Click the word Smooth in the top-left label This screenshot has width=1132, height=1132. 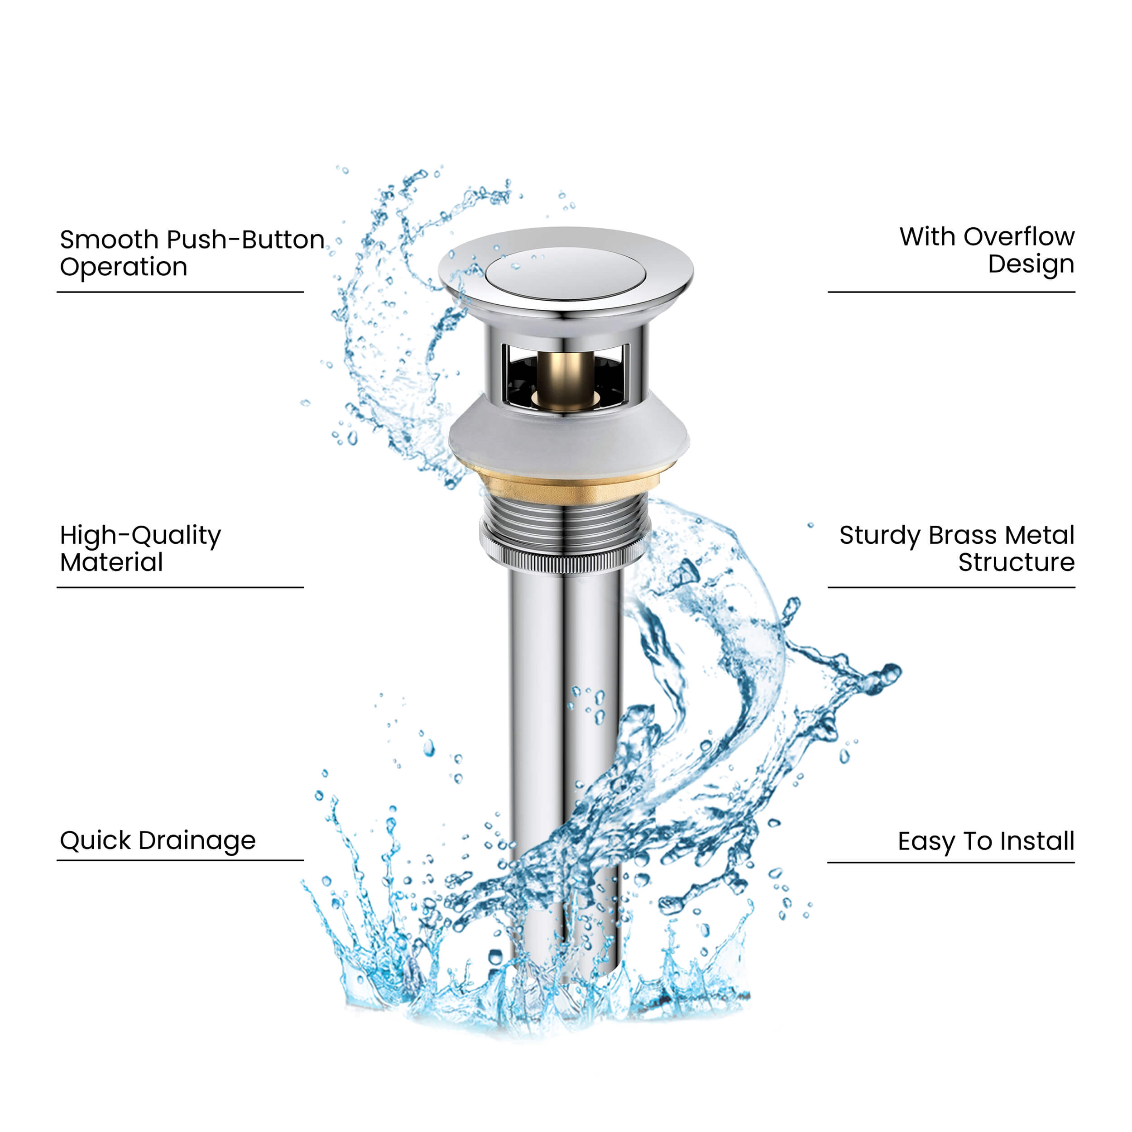(x=110, y=240)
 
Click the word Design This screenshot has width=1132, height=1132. (x=1031, y=265)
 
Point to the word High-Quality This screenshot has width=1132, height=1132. (x=141, y=536)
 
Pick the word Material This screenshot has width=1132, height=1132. (x=111, y=562)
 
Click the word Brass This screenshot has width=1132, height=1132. (x=963, y=536)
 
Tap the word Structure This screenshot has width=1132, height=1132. (x=1017, y=562)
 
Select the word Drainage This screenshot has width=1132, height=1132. (x=198, y=841)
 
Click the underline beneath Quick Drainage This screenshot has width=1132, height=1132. (x=181, y=861)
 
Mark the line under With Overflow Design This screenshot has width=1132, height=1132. (x=951, y=292)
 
